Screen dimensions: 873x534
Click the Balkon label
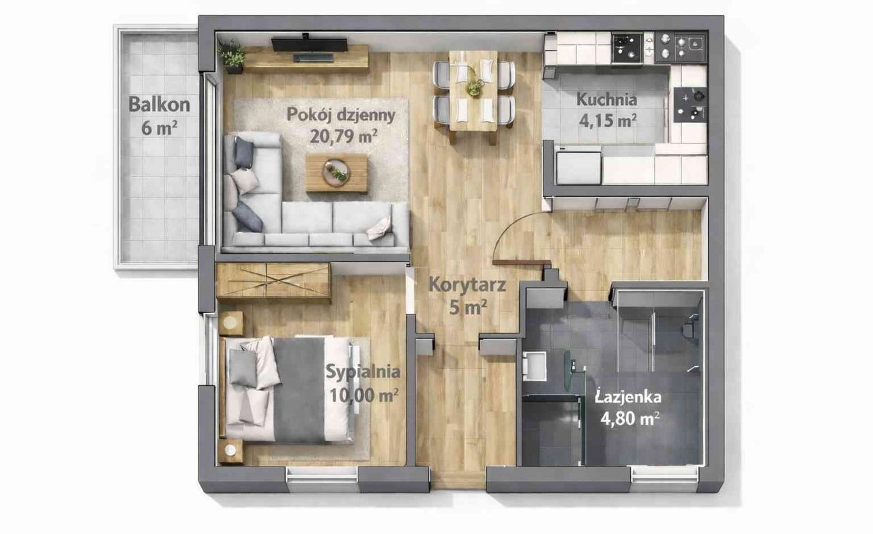159,104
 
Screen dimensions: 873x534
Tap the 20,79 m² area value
343,136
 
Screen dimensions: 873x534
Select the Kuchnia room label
606,100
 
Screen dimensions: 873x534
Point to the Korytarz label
467,284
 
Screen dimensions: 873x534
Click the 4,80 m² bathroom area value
630,419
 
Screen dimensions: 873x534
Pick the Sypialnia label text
363,372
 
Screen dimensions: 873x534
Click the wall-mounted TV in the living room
310,44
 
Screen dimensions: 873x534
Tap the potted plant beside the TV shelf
233,57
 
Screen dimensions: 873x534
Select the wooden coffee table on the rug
336,173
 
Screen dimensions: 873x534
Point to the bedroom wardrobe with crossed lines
273,281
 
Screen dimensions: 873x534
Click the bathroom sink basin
534,366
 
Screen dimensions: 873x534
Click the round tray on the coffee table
336,173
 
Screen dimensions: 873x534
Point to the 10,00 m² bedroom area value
364,396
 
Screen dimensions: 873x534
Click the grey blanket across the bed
299,390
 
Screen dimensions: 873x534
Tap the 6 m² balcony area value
159,128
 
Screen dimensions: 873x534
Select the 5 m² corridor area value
468,308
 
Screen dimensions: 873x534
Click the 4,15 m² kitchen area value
608,121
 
